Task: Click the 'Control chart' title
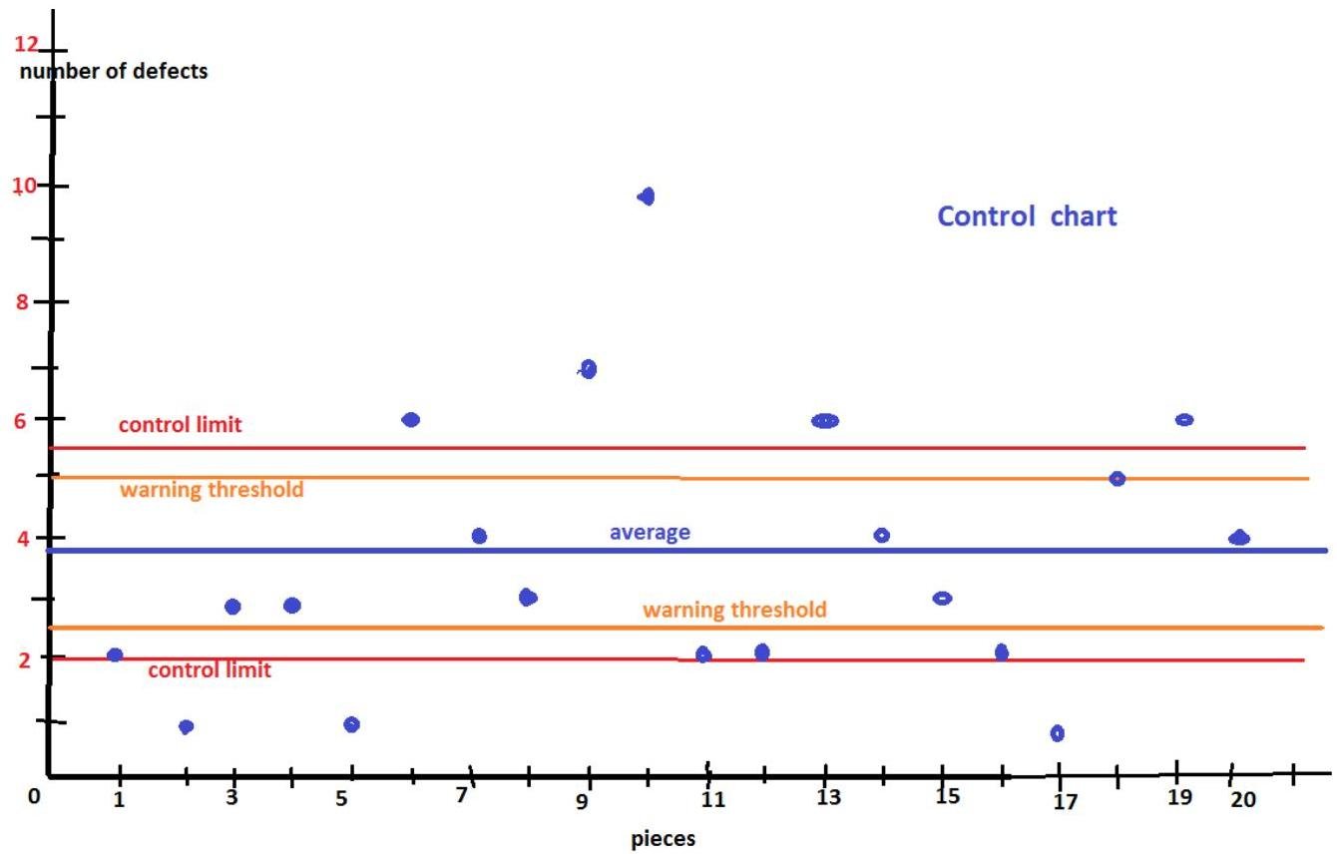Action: pyautogui.click(x=1027, y=216)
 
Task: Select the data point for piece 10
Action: pyautogui.click(x=646, y=197)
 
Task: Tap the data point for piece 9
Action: pyautogui.click(x=588, y=369)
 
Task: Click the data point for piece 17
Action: pyautogui.click(x=1057, y=733)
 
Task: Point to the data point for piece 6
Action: pyautogui.click(x=410, y=420)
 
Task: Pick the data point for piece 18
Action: pyautogui.click(x=1116, y=479)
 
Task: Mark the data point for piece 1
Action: pyautogui.click(x=115, y=655)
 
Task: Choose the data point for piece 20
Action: pyautogui.click(x=1238, y=538)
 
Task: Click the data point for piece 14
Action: pyautogui.click(x=881, y=536)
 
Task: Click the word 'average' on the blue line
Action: pyautogui.click(x=650, y=533)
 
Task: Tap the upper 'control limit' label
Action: pyautogui.click(x=180, y=425)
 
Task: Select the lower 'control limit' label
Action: pyautogui.click(x=209, y=670)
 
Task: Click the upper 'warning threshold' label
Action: pyautogui.click(x=212, y=490)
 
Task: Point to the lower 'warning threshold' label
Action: pyautogui.click(x=734, y=610)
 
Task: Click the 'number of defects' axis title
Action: pyautogui.click(x=114, y=72)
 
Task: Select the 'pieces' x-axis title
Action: pyautogui.click(x=664, y=839)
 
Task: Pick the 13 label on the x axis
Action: pyautogui.click(x=828, y=798)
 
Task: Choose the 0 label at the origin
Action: pyautogui.click(x=34, y=796)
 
